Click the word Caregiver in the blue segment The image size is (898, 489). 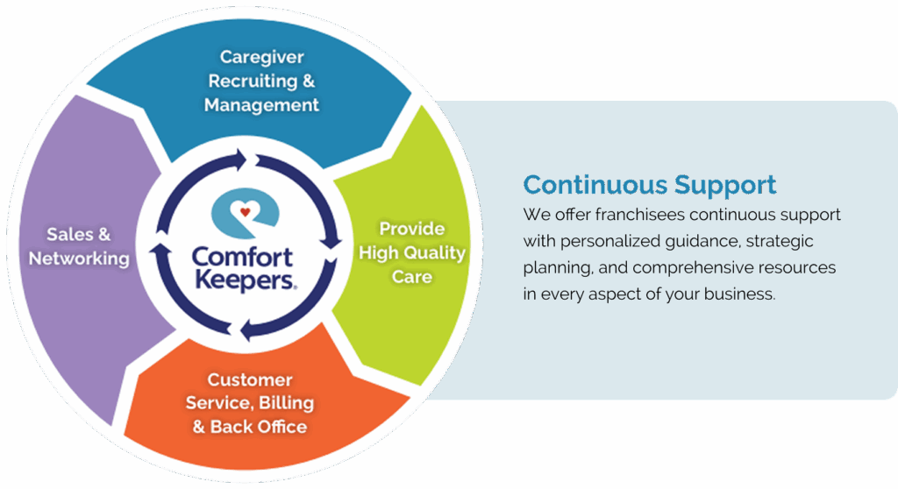tap(261, 58)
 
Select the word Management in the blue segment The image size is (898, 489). tap(261, 105)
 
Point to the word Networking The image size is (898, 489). tap(79, 259)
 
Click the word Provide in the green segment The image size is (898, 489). tap(411, 229)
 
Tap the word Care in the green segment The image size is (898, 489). tap(412, 277)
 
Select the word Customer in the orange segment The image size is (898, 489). tap(250, 380)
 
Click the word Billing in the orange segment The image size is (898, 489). tap(285, 404)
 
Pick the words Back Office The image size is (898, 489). tap(259, 428)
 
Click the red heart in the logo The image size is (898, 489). tap(246, 210)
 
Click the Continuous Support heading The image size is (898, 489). tap(649, 185)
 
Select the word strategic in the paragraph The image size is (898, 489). tap(787, 241)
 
